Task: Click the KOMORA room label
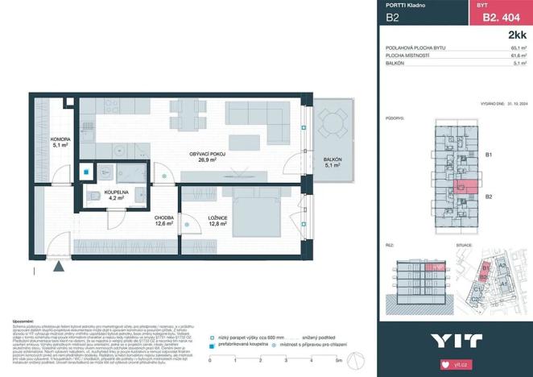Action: click(60, 142)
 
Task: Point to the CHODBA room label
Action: click(166, 221)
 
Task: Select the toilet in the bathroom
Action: click(94, 196)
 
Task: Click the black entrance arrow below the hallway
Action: click(61, 267)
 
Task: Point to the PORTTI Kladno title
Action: click(405, 5)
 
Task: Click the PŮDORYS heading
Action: click(395, 118)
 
